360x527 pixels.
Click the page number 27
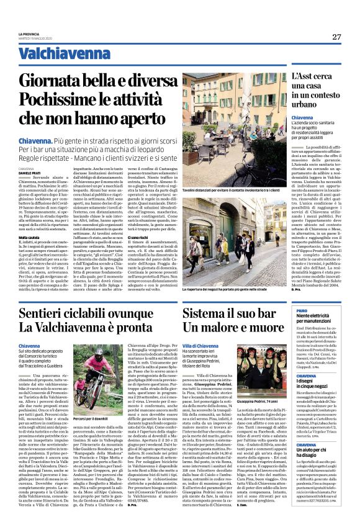(x=336, y=37)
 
